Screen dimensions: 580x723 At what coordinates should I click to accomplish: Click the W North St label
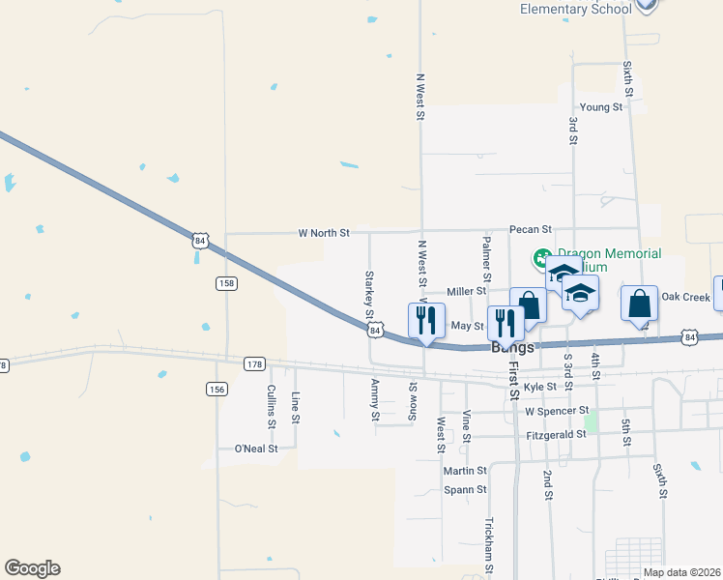click(x=324, y=233)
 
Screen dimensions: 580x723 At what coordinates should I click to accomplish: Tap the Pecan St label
click(x=531, y=230)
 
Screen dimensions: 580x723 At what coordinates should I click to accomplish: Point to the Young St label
click(x=600, y=107)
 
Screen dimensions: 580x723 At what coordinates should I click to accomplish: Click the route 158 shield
click(x=226, y=283)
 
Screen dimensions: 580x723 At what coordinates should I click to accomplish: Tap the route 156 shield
click(x=217, y=389)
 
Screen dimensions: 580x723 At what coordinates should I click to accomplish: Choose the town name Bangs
click(x=512, y=347)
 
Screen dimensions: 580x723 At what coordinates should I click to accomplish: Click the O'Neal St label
click(x=256, y=449)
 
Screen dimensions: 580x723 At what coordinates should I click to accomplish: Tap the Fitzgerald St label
click(x=555, y=435)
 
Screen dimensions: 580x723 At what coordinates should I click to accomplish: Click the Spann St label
click(x=465, y=490)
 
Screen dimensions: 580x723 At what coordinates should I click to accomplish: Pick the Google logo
click(x=32, y=568)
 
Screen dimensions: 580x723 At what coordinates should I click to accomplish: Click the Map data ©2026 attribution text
click(x=681, y=572)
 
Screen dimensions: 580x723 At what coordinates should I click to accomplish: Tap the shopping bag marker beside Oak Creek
click(x=639, y=303)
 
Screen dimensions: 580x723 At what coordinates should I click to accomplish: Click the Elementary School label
click(x=576, y=9)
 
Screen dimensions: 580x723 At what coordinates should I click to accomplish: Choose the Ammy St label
click(x=375, y=399)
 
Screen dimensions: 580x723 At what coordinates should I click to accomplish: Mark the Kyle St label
click(x=539, y=387)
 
